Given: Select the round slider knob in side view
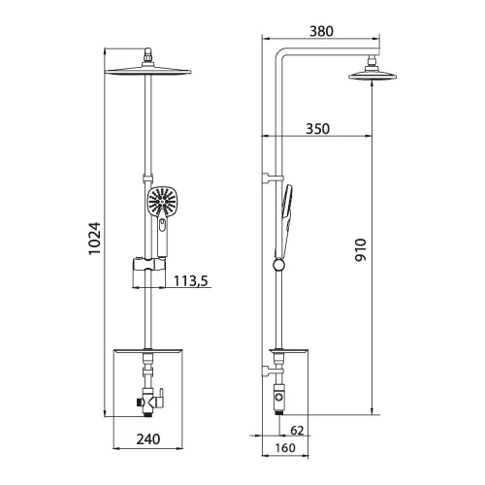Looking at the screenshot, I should click(x=279, y=265).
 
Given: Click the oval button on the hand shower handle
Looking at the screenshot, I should click(x=160, y=228).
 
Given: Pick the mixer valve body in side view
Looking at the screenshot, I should click(x=279, y=396).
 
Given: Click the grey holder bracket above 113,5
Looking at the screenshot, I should click(x=145, y=263).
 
